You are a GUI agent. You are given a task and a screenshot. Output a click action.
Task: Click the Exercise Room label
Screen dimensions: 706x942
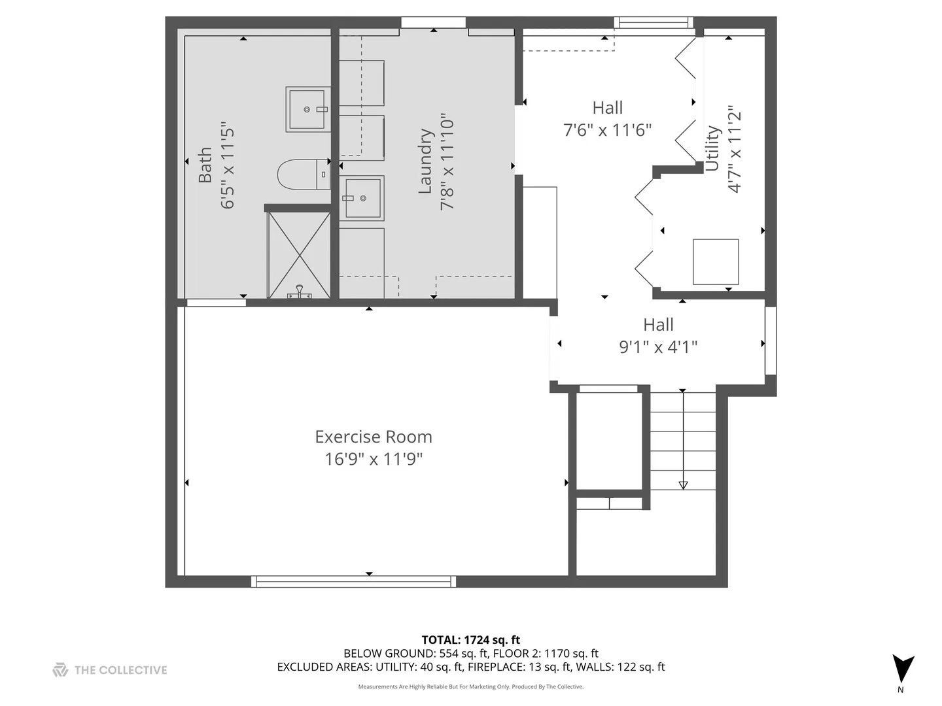coord(374,437)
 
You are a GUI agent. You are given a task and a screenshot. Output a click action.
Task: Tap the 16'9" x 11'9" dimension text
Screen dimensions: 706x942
coord(374,459)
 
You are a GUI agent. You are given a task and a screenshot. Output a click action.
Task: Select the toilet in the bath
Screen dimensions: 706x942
coord(303,175)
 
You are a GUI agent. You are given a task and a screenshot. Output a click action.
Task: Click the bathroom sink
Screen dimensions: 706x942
coord(307,109)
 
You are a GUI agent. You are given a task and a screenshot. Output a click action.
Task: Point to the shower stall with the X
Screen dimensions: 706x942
coord(299,255)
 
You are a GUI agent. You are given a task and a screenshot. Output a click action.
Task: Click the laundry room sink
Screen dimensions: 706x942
coord(361,197)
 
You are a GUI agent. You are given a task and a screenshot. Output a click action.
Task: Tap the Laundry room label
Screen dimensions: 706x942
coord(425,161)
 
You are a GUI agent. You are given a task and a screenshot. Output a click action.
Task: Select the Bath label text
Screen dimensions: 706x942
coord(205,165)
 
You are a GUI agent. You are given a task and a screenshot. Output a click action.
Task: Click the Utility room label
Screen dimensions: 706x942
coord(712,148)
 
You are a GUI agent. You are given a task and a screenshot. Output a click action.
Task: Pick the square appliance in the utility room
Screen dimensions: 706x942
coord(716,261)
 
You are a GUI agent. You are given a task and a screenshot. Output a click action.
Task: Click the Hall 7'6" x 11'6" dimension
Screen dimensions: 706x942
coord(608,130)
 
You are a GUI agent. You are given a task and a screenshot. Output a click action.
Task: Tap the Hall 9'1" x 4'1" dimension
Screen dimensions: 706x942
coord(658,346)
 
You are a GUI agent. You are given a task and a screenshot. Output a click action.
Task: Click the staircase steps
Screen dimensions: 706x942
coord(683,441)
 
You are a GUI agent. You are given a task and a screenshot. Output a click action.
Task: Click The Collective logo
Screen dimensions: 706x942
coord(110,670)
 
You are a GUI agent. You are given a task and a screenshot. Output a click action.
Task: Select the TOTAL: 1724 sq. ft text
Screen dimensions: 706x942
coord(471,640)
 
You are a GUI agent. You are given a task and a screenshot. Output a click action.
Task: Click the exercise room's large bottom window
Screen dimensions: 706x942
coord(353,581)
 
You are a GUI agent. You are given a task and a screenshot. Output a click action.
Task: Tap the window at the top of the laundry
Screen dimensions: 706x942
coord(433,23)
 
